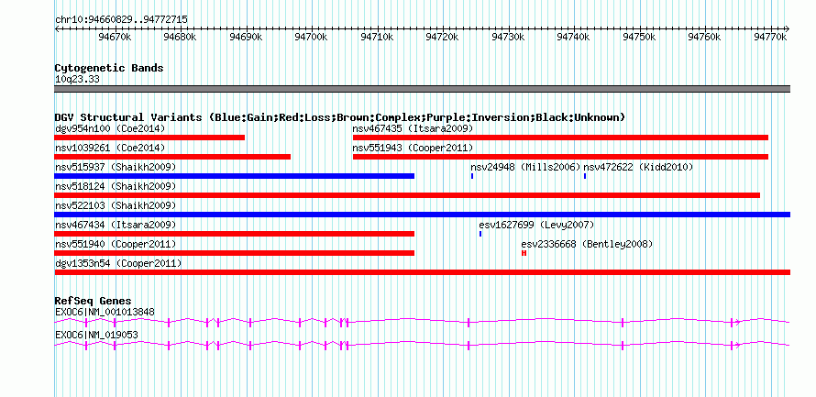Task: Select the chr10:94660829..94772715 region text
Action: (x=121, y=20)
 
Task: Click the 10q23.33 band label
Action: (x=77, y=80)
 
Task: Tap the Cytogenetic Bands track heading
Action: (x=109, y=68)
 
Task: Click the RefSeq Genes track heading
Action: (x=93, y=301)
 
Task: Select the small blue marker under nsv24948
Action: (x=472, y=176)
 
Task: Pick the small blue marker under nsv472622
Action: (x=585, y=176)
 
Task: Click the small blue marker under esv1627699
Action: (x=480, y=234)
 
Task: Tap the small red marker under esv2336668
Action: (x=524, y=253)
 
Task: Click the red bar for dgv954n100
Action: (x=149, y=138)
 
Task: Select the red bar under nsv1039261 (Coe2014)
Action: (x=172, y=157)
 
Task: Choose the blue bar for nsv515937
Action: (x=234, y=176)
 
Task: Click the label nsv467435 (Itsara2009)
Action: (x=413, y=128)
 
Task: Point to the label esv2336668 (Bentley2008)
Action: (x=587, y=244)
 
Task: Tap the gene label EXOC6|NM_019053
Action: (x=96, y=335)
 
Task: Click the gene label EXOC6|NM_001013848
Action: (x=105, y=312)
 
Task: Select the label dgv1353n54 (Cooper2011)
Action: (x=118, y=264)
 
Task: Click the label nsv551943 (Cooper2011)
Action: (x=413, y=148)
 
